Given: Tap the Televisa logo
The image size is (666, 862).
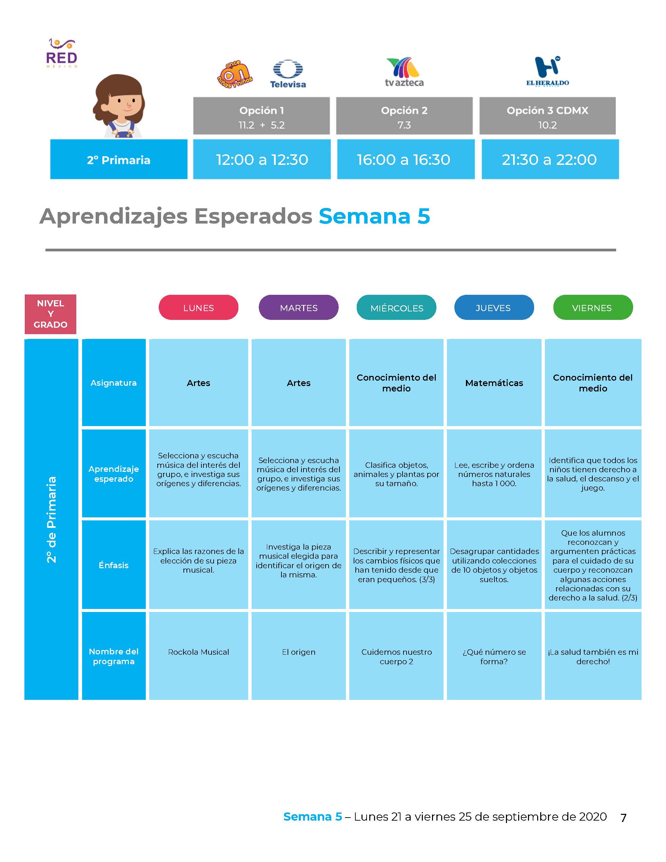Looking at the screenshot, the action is [288, 74].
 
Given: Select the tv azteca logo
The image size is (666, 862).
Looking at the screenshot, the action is [404, 72].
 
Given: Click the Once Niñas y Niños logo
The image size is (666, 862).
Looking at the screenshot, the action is [235, 74].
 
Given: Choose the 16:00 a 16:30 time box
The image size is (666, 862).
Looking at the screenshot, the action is [406, 159].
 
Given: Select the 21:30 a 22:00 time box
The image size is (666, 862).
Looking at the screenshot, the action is [550, 159].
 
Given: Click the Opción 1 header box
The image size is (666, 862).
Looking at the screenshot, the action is [261, 116].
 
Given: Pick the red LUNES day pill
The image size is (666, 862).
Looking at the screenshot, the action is [198, 307].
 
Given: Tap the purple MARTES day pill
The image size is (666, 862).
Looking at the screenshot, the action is [299, 307].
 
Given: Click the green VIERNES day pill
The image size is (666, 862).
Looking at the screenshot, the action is [593, 307].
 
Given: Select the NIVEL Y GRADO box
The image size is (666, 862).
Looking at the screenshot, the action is [51, 314].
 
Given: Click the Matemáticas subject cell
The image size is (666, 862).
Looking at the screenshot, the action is [494, 382].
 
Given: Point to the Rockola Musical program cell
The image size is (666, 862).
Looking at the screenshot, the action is [198, 656].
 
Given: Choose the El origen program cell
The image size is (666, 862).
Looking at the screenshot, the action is [299, 656].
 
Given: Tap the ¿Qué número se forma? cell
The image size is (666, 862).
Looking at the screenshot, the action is [494, 656].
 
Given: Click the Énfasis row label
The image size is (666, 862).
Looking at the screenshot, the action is [114, 565].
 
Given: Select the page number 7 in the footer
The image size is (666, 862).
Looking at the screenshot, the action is [623, 818].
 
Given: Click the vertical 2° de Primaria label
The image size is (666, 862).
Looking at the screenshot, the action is [52, 519].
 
